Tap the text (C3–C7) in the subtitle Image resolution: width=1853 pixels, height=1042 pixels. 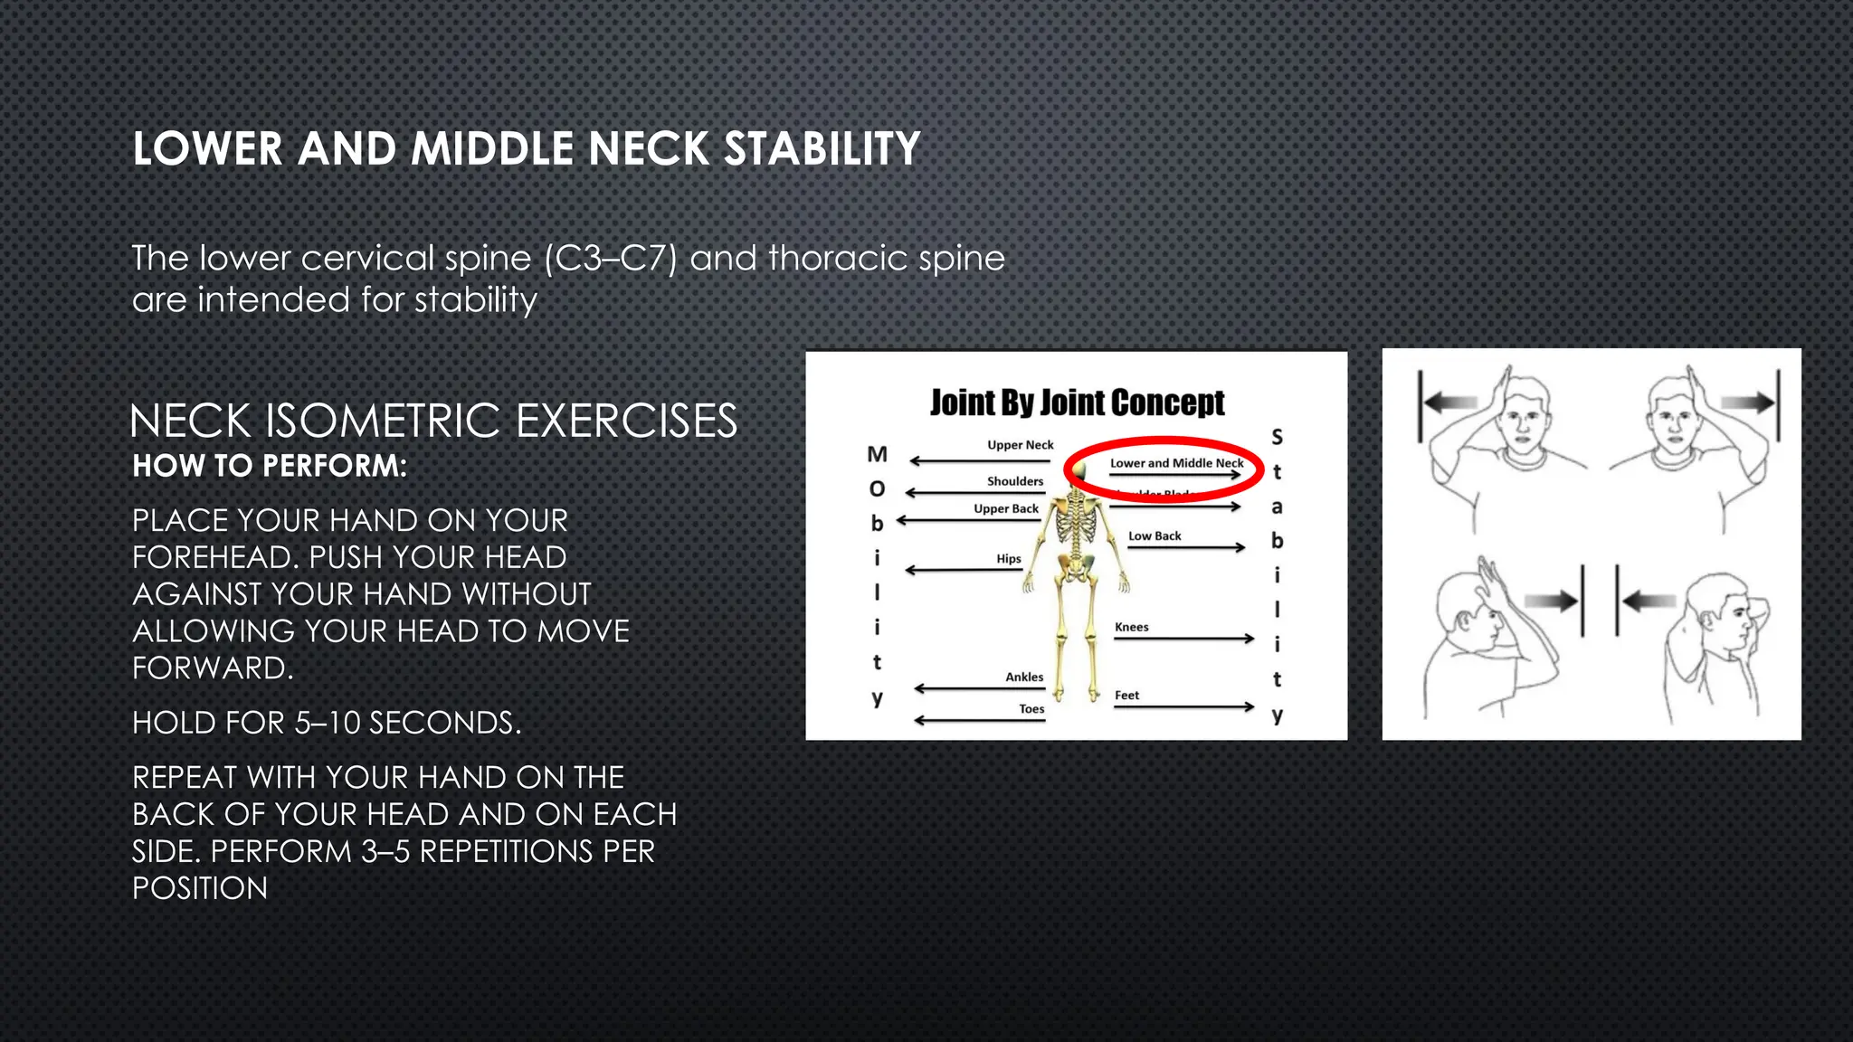point(611,259)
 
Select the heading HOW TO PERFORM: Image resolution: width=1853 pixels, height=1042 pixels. point(270,466)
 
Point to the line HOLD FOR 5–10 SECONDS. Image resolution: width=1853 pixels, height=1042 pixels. point(327,723)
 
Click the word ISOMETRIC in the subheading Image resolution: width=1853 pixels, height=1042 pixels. point(383,422)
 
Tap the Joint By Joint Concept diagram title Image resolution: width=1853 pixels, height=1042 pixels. point(1077,403)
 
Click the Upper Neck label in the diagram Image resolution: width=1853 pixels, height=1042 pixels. point(1020,445)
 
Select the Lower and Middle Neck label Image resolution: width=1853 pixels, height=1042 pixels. point(1176,463)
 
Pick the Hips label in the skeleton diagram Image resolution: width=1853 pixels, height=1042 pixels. point(1008,559)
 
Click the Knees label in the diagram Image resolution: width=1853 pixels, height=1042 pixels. point(1131,627)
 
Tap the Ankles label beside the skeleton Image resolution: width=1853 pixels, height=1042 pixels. point(1024,677)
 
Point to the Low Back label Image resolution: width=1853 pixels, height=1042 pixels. point(1155,535)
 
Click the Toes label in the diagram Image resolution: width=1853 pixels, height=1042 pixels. point(1031,709)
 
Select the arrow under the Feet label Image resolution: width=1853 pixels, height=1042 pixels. point(1183,706)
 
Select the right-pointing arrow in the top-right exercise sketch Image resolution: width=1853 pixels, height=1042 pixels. point(1746,403)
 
